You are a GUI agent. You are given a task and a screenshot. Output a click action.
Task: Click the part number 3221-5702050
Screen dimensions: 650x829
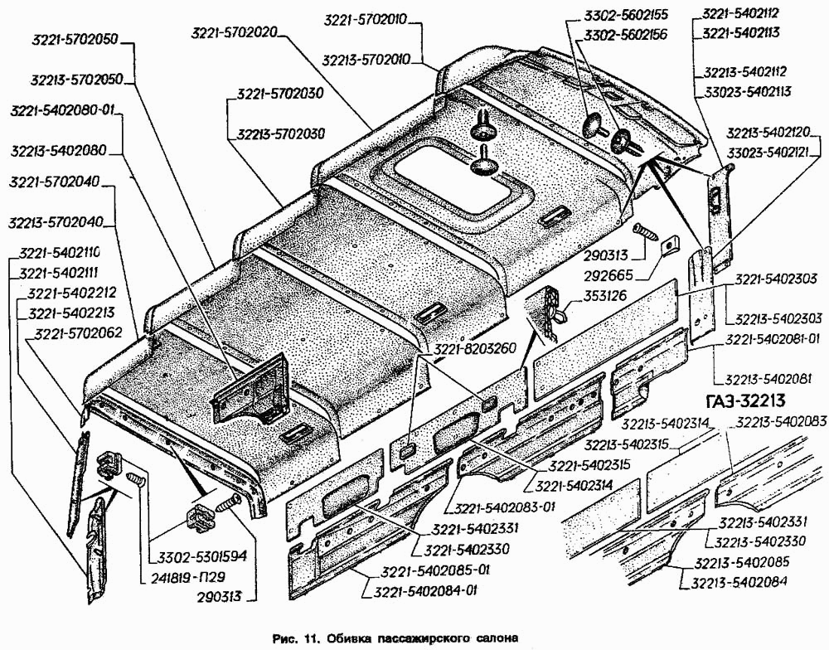(x=75, y=41)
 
